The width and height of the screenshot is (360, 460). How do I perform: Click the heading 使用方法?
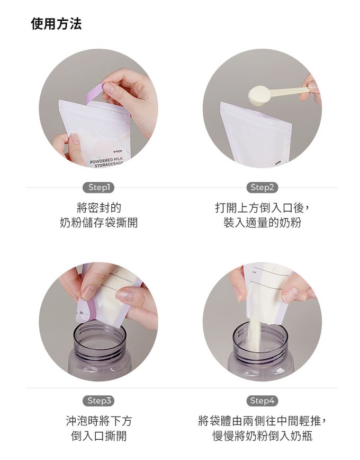[56, 24]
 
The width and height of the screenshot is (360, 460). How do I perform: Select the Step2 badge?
[262, 187]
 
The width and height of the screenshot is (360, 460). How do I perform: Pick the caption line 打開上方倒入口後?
[262, 207]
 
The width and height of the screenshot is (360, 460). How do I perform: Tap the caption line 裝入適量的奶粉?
[262, 223]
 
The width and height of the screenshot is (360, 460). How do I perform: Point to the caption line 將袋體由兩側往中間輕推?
[262, 421]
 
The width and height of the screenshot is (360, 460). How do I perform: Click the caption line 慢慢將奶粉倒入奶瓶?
[262, 436]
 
